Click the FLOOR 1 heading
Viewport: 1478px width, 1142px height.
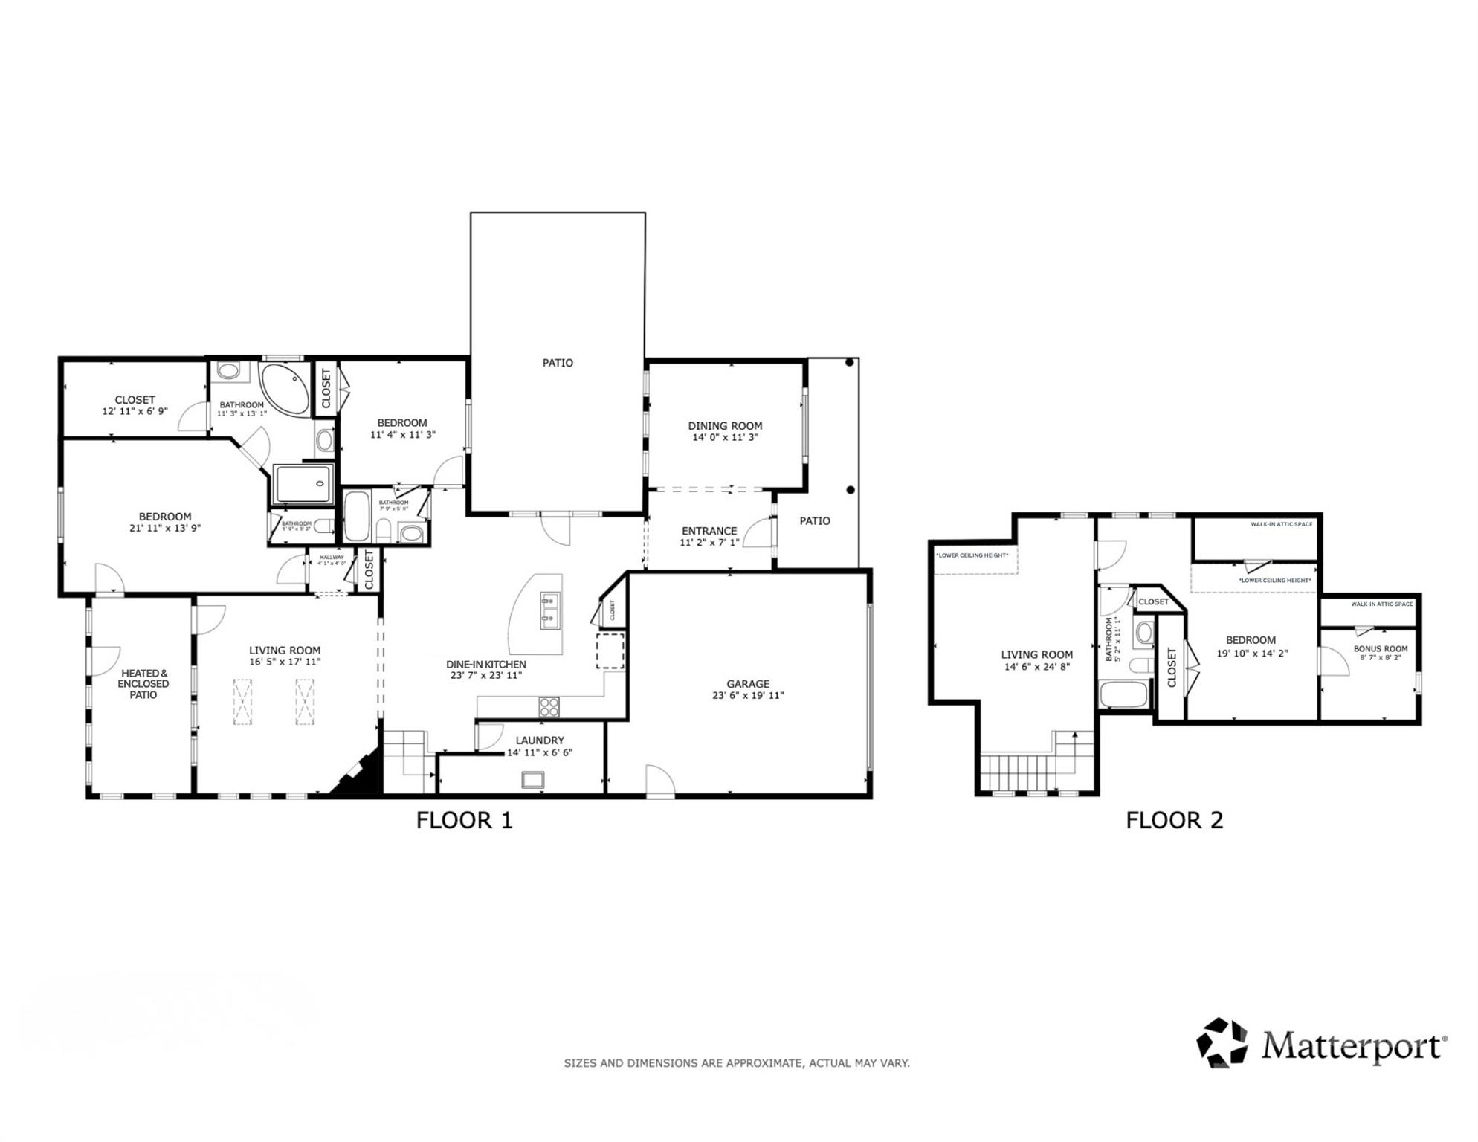pos(464,820)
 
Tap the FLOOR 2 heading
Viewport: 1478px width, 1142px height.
pos(1174,820)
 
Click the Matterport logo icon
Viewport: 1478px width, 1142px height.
pos(1222,1042)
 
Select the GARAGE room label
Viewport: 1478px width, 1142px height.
pos(748,684)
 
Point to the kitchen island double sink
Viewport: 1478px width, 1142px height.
pos(549,609)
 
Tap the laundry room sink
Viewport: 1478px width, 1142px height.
pos(532,780)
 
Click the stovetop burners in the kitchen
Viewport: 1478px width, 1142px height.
pos(549,707)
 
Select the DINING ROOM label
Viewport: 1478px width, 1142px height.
pos(725,426)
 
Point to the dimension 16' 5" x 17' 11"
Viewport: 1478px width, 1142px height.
pos(285,662)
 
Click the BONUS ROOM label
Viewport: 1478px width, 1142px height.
pos(1380,649)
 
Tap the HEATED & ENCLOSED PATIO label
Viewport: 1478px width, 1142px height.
pos(143,684)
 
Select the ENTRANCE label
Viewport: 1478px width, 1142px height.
pos(709,531)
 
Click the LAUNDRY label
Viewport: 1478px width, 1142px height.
pos(540,741)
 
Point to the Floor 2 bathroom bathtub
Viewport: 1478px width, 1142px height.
pos(1123,694)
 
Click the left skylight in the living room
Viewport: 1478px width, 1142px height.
pos(242,701)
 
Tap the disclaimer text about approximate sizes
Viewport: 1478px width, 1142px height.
pos(736,1063)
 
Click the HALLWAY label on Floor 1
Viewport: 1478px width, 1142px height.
pos(332,557)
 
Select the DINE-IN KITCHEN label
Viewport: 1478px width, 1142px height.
pos(486,665)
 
